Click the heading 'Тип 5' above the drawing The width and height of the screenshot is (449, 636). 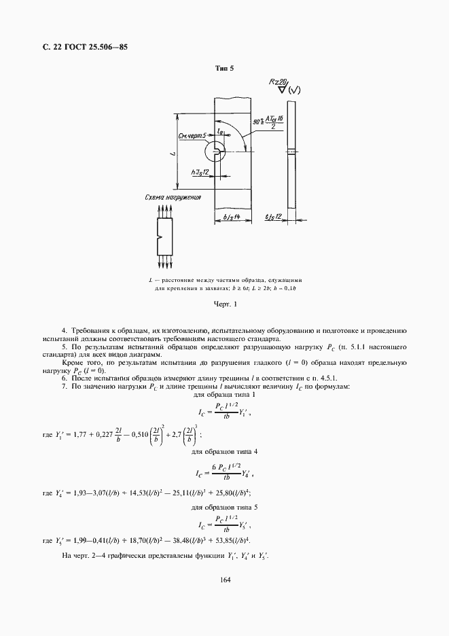[x=224, y=69]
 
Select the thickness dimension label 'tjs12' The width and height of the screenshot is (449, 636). [x=274, y=217]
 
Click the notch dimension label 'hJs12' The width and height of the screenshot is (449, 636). [x=200, y=172]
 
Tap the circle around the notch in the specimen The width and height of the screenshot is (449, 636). [x=219, y=151]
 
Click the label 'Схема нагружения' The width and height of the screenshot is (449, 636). [x=173, y=198]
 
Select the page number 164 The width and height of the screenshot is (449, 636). [x=224, y=580]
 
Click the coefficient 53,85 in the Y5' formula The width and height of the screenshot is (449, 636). [x=224, y=540]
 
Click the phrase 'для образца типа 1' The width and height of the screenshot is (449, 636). [x=224, y=395]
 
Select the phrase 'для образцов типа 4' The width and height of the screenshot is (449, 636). [x=224, y=452]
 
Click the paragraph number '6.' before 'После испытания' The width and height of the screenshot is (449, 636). [x=64, y=378]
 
